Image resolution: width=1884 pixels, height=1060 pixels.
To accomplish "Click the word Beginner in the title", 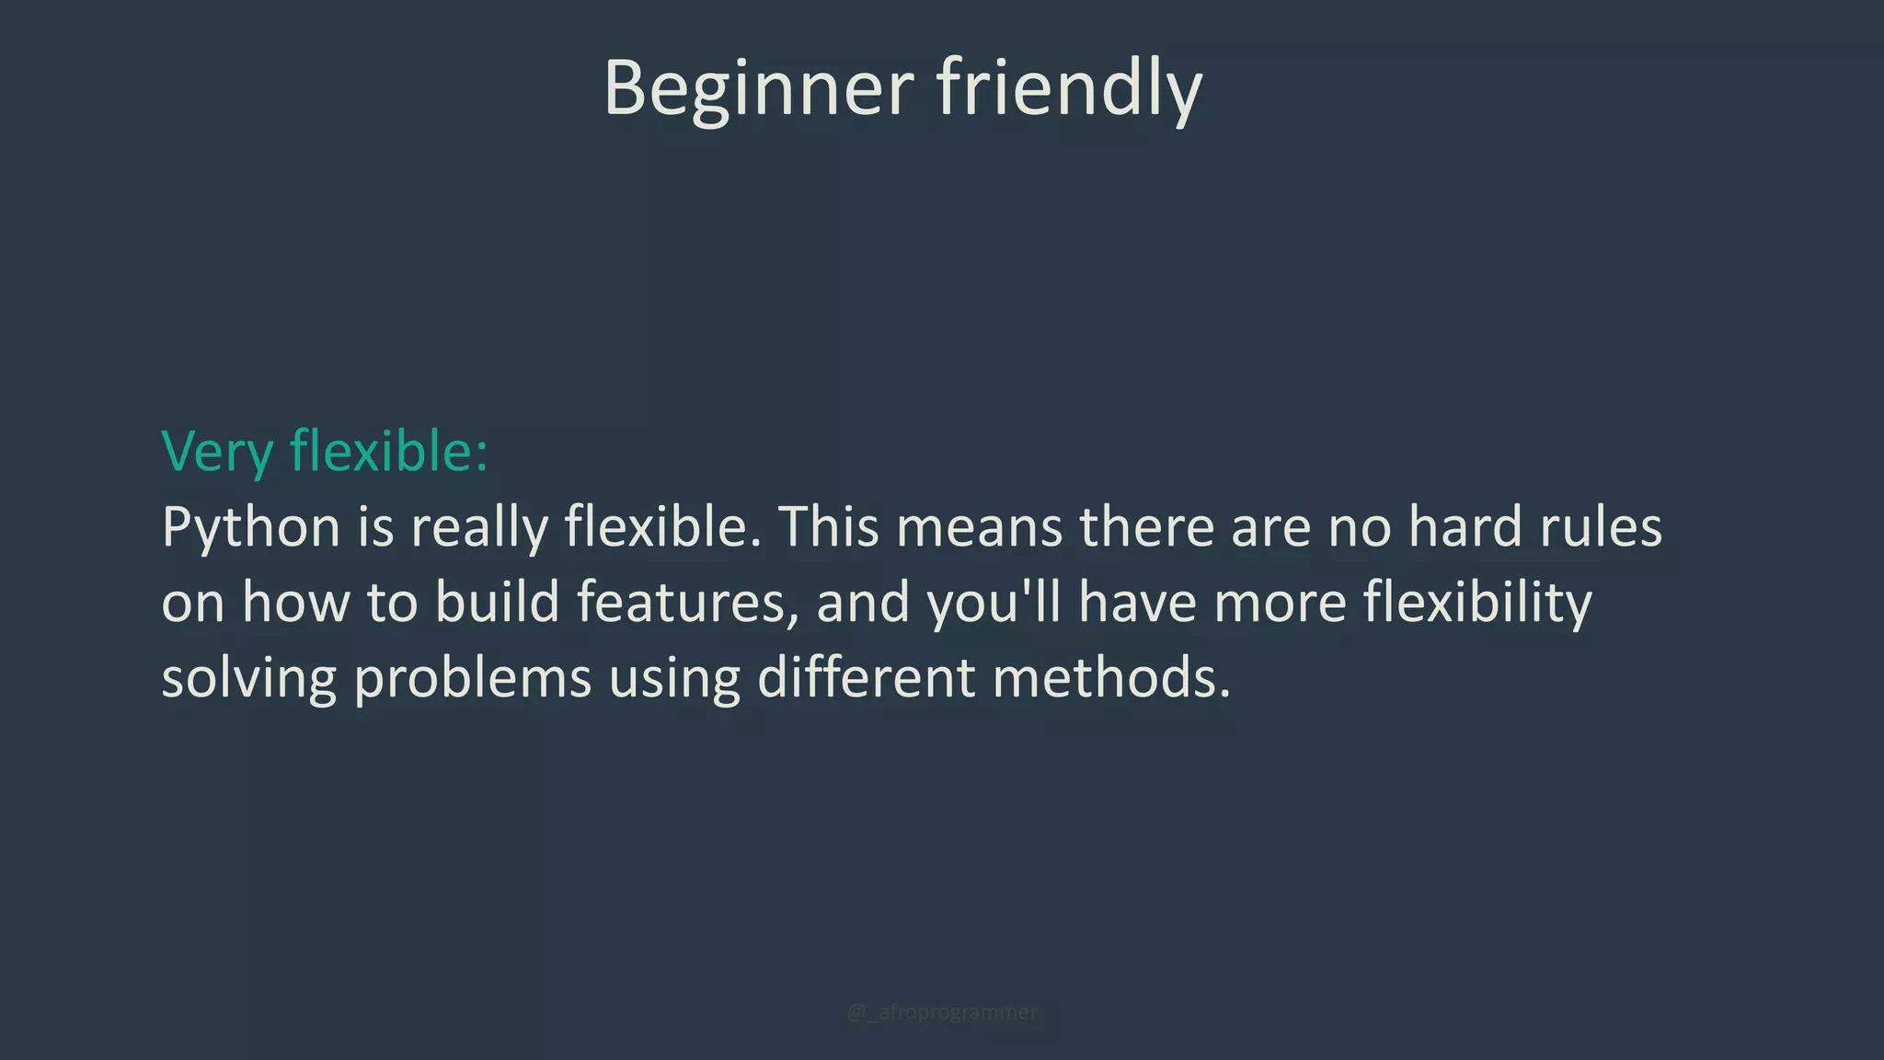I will coord(758,89).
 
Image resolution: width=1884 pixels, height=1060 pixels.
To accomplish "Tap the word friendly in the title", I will coord(1069,89).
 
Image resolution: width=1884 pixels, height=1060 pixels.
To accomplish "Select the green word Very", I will coord(217,452).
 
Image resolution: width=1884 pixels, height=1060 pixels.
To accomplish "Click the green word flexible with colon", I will coord(388,452).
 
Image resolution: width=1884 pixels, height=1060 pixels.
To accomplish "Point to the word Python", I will coord(251,528).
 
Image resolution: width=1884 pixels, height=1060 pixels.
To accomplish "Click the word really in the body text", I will coord(478,528).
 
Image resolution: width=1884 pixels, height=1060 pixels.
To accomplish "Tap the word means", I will coord(979,528).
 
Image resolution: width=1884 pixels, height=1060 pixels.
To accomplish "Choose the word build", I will coord(497,602).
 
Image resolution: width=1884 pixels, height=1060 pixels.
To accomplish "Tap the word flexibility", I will coord(1476,604).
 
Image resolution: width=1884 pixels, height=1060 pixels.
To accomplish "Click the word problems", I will coord(472,679).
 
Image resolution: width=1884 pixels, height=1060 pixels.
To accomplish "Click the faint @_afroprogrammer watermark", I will coord(941,1012).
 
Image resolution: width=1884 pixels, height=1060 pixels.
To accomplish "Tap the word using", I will coord(674,679).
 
